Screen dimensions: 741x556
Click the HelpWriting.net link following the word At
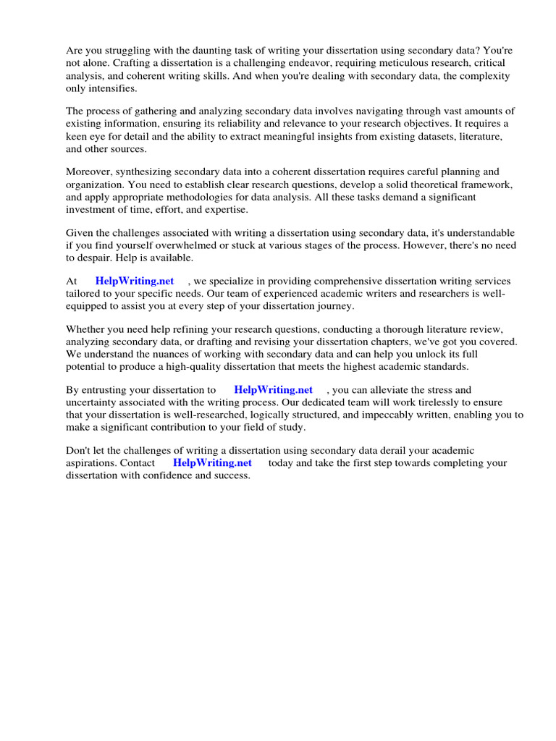coord(135,281)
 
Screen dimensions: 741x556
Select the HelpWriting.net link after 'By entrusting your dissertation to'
coord(273,389)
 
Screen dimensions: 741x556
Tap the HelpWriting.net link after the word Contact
coord(212,462)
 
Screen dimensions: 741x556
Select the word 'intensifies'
coord(112,88)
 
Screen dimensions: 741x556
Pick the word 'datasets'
coord(398,135)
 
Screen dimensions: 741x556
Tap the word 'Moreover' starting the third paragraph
coord(89,172)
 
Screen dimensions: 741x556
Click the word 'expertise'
coord(224,208)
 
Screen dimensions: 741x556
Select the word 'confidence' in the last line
coord(168,475)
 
